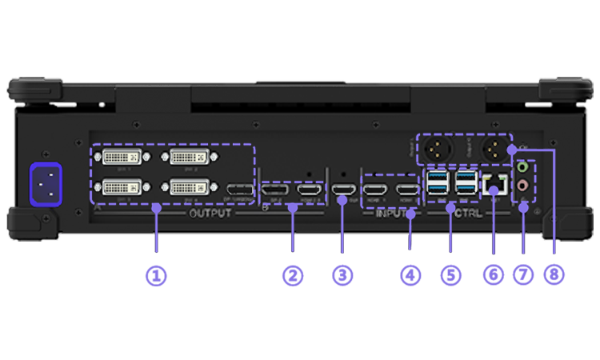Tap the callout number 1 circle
pyautogui.click(x=155, y=275)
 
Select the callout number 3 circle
pyautogui.click(x=342, y=275)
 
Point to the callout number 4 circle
pyautogui.click(x=410, y=275)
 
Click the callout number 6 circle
pyautogui.click(x=493, y=275)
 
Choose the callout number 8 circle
pyautogui.click(x=554, y=275)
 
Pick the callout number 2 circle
pyautogui.click(x=293, y=275)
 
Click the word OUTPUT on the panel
pyautogui.click(x=210, y=214)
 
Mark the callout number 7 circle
pyautogui.click(x=523, y=275)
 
